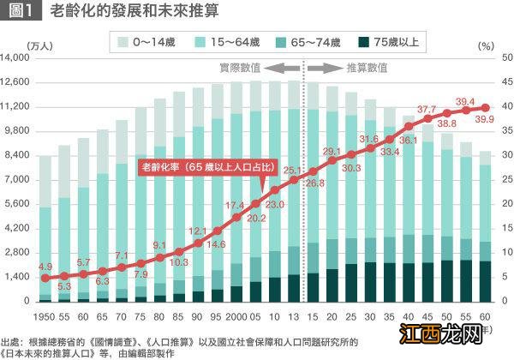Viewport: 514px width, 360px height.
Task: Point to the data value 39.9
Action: point(484,118)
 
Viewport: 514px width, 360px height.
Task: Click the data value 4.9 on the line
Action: point(45,267)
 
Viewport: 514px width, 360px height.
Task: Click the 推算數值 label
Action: point(365,67)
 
